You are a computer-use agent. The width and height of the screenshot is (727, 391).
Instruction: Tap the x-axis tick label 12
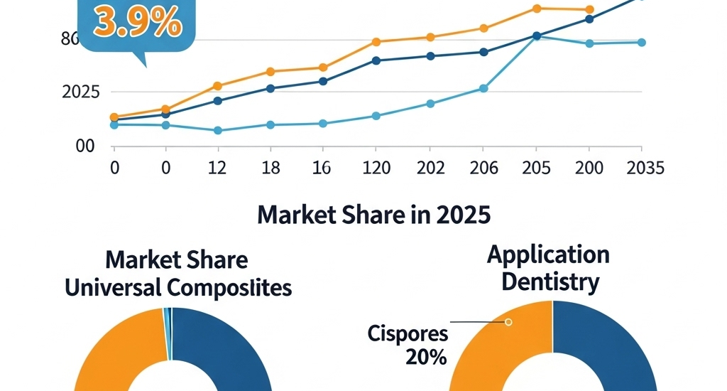[x=218, y=168]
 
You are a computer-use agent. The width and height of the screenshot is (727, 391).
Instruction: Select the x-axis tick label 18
[x=270, y=168]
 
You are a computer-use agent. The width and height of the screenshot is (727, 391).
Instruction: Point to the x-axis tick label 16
[x=323, y=168]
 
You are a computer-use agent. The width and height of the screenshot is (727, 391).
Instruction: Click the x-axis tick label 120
[x=376, y=168]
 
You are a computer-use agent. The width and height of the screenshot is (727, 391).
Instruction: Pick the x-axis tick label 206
[x=483, y=168]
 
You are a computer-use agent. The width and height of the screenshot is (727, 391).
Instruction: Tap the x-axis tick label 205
[x=536, y=168]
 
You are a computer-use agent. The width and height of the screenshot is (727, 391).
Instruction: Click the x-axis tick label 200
[x=589, y=168]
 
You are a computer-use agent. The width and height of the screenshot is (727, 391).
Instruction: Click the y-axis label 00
[x=85, y=146]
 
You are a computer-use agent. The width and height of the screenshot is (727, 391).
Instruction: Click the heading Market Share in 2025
[x=373, y=214]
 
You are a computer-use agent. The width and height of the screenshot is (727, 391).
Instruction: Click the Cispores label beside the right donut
[x=408, y=333]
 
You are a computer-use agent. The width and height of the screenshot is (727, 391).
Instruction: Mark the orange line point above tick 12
[x=218, y=86]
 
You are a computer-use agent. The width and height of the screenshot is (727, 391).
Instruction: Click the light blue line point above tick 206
[x=483, y=88]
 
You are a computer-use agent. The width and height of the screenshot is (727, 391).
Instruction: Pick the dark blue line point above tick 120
[x=376, y=60]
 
